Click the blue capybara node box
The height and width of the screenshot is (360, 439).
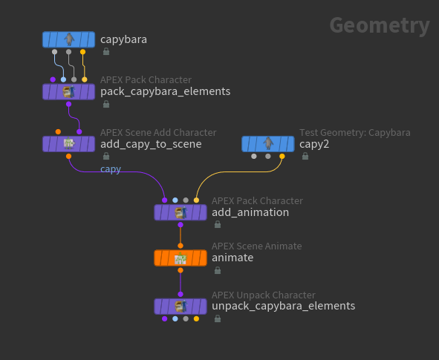[68, 39]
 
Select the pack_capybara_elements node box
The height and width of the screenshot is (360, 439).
[68, 92]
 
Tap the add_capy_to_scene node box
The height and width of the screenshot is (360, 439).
[68, 144]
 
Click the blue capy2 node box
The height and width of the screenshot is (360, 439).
[268, 144]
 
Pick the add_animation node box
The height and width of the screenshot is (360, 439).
[181, 212]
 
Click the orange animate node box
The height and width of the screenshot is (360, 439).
[181, 258]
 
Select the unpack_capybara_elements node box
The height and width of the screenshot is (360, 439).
[181, 307]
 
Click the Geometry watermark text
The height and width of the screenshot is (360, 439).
[380, 26]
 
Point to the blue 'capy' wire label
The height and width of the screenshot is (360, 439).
[111, 169]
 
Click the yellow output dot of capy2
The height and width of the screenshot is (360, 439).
[282, 157]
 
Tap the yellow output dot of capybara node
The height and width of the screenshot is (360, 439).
[83, 52]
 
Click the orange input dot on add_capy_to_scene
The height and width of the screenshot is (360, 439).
[58, 131]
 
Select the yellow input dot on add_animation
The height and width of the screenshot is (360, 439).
[197, 200]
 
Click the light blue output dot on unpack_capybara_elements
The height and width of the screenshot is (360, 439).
[175, 319]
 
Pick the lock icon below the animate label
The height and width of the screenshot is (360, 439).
[218, 270]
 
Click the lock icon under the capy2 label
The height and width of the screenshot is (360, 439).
[305, 156]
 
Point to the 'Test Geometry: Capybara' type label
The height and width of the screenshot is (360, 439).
[355, 133]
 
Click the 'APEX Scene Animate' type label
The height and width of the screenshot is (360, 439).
[257, 246]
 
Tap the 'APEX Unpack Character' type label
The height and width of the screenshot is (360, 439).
[264, 295]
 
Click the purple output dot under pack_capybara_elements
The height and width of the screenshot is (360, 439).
[68, 104]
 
